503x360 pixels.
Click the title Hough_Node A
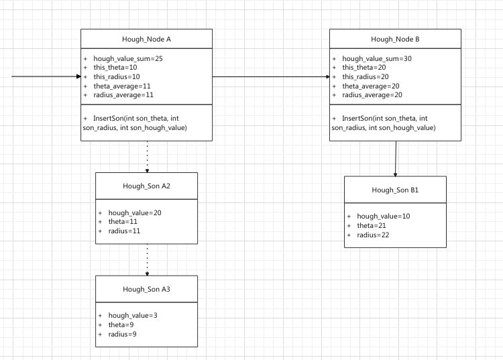pyautogui.click(x=146, y=40)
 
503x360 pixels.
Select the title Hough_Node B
pyautogui.click(x=395, y=40)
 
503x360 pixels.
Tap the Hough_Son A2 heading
pyautogui.click(x=146, y=185)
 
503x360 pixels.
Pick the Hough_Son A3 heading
pyautogui.click(x=146, y=288)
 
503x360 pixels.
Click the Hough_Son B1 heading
pyautogui.click(x=395, y=190)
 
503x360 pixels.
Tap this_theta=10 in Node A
pyautogui.click(x=116, y=68)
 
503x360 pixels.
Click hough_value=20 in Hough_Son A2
pyautogui.click(x=135, y=213)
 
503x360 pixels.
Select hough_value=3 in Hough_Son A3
pyautogui.click(x=133, y=315)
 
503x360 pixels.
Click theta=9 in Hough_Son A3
pyautogui.click(x=121, y=324)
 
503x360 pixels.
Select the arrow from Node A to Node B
pyautogui.click(x=271, y=76)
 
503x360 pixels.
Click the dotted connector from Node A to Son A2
pyautogui.click(x=147, y=156)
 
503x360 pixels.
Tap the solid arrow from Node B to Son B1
pyautogui.click(x=395, y=158)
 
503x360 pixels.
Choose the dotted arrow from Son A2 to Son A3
pyautogui.click(x=147, y=259)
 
